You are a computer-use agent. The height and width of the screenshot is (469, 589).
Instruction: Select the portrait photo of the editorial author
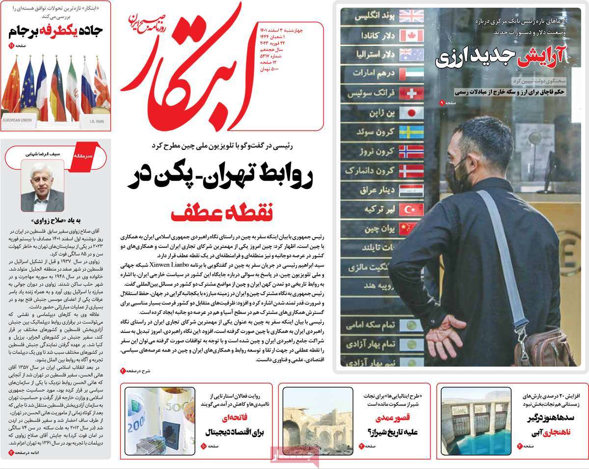[x=42, y=187]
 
